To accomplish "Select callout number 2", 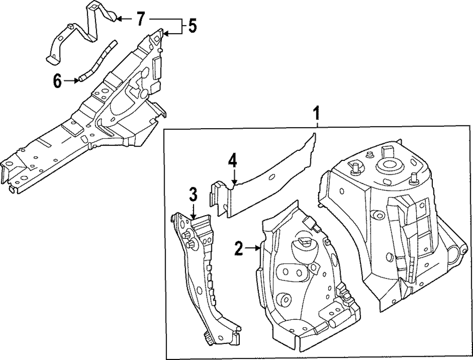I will [239, 248].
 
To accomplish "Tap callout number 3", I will [193, 195].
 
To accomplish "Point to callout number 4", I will [232, 161].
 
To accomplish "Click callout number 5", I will [192, 26].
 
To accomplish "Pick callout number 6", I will [57, 81].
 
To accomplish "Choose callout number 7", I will [140, 19].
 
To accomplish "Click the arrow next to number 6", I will [71, 81].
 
